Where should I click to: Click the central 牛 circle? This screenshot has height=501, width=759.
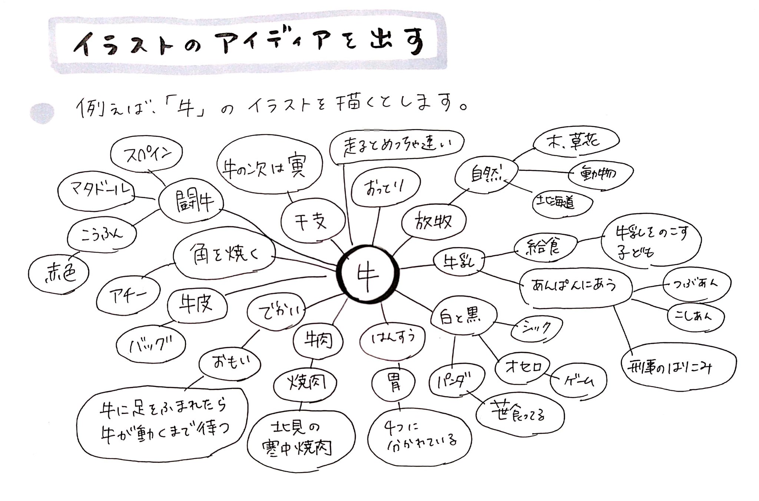pos(368,274)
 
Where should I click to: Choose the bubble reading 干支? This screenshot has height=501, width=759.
pos(311,222)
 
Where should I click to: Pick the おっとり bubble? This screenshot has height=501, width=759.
pos(385,189)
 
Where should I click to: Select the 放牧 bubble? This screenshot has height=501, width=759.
pos(434,222)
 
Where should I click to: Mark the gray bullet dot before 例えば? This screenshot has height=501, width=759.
pos(42,113)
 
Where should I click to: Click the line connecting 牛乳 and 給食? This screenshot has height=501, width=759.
pos(499,254)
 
